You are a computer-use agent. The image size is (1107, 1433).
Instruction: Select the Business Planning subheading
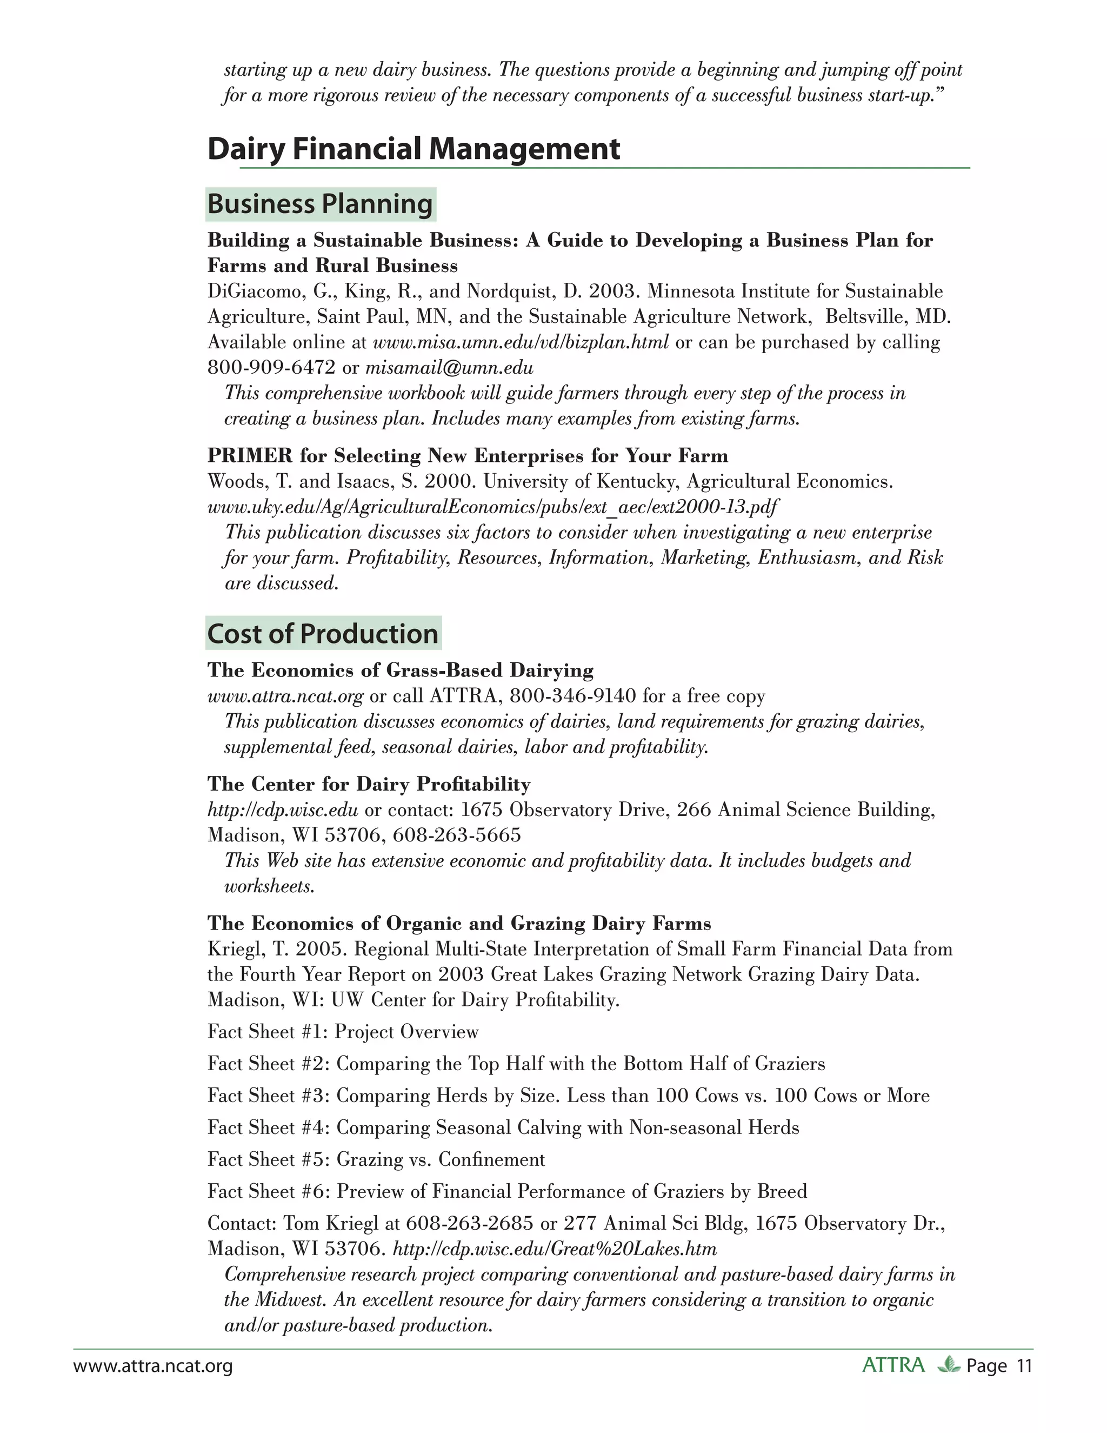pyautogui.click(x=320, y=204)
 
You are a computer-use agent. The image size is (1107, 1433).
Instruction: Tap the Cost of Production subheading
pyautogui.click(x=323, y=634)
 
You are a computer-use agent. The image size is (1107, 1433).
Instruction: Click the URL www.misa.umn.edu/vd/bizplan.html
pyautogui.click(x=521, y=342)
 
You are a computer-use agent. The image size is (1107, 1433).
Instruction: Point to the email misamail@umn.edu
pyautogui.click(x=449, y=367)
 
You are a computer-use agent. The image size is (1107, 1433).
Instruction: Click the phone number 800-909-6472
pyautogui.click(x=271, y=367)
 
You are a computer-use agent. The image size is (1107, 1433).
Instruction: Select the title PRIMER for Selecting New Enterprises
pyautogui.click(x=468, y=455)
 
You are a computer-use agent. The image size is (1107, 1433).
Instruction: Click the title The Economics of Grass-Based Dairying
pyautogui.click(x=400, y=670)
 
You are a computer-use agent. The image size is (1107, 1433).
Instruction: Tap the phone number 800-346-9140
pyautogui.click(x=572, y=695)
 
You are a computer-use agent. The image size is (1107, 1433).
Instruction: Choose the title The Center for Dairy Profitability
pyautogui.click(x=369, y=784)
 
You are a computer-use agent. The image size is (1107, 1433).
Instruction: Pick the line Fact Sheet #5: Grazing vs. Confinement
pyautogui.click(x=376, y=1159)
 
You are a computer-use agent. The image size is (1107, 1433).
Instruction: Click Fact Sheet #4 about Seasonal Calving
pyautogui.click(x=503, y=1127)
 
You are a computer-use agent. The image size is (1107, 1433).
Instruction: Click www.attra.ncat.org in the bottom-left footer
pyautogui.click(x=153, y=1366)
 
